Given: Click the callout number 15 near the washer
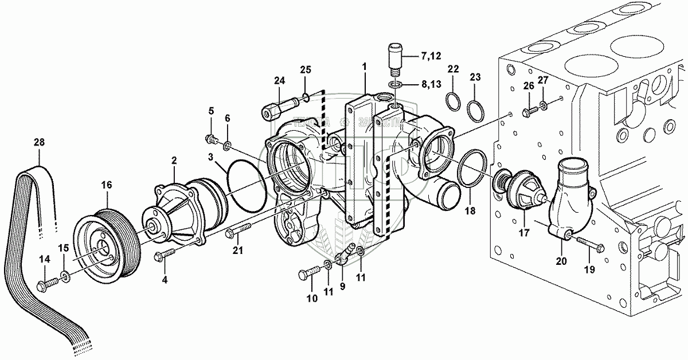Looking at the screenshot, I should coord(64,248).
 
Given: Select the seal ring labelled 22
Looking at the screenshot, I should coord(454,101).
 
